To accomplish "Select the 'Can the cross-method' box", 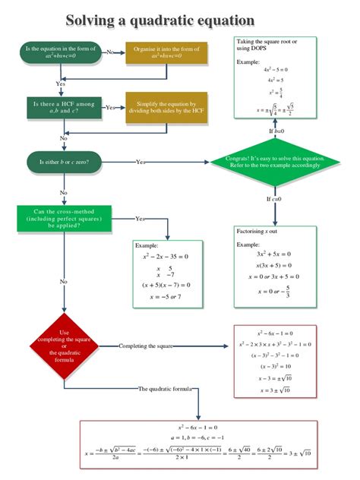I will click(63, 219).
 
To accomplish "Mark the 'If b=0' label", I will click(276, 131).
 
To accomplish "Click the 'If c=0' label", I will click(274, 199).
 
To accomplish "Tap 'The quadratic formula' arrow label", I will click(168, 389).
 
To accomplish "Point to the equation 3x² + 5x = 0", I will click(275, 254).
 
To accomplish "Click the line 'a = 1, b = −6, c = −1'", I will click(197, 438).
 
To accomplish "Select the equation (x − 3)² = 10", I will click(275, 366).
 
